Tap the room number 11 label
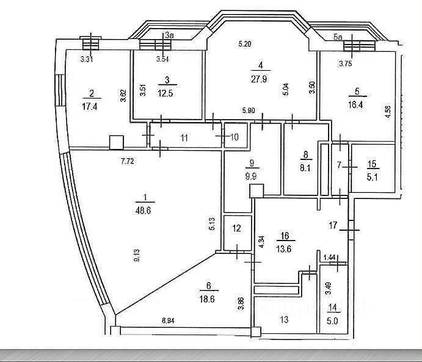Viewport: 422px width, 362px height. coord(184,137)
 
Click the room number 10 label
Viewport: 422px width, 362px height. coord(235,137)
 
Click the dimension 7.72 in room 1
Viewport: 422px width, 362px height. coord(127,161)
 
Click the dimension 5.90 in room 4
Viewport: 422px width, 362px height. coord(248,110)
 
